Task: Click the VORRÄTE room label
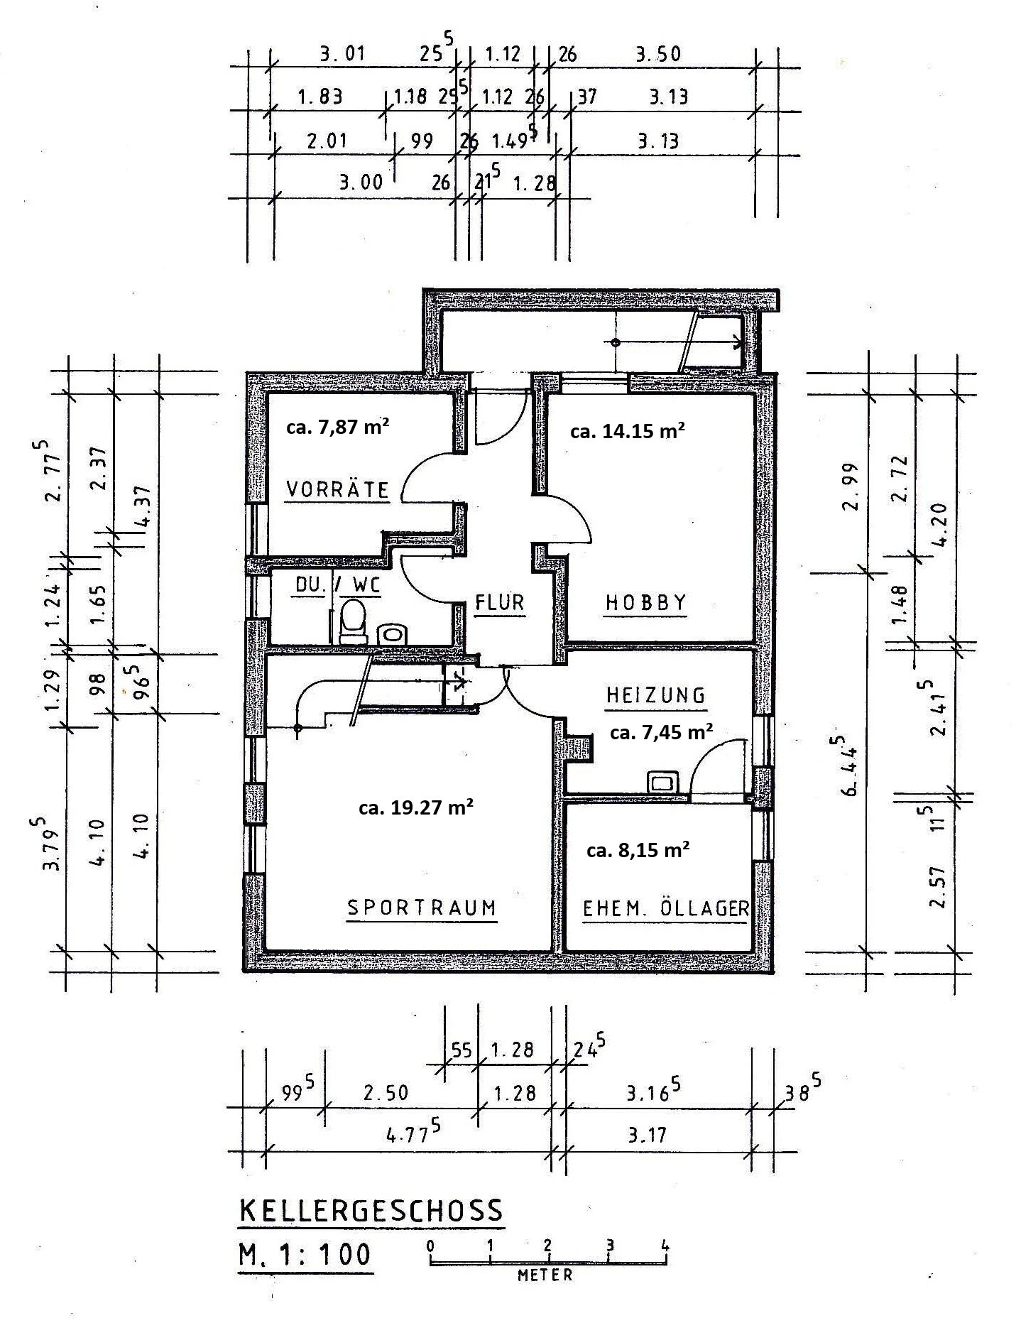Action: (337, 489)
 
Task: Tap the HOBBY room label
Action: (645, 602)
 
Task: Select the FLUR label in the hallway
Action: (500, 603)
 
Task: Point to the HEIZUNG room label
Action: (655, 695)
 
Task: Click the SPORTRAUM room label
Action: (421, 908)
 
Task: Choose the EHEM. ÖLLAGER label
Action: (665, 908)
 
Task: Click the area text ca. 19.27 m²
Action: (416, 807)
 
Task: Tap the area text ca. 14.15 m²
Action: (628, 430)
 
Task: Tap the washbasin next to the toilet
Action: (391, 633)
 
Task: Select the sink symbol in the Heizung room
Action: (663, 782)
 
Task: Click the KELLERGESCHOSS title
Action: (371, 1211)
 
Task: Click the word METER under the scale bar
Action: (545, 1275)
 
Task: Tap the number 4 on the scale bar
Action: (665, 1245)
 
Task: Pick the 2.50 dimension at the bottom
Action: (386, 1092)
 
